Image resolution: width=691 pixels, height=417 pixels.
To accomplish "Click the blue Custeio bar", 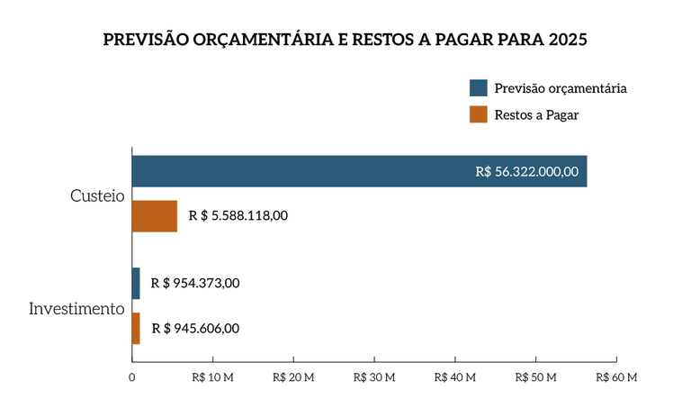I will click(359, 171).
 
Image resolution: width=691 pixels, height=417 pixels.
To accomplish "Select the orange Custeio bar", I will click(155, 216).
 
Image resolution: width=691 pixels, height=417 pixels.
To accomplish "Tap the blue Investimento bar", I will click(136, 283).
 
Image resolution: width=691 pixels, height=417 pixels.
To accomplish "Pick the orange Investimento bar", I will click(136, 329).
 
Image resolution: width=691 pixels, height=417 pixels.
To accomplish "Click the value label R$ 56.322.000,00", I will click(527, 171).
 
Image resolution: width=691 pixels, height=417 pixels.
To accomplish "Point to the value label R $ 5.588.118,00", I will click(238, 216).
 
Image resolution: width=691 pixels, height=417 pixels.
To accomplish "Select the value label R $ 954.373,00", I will click(195, 283).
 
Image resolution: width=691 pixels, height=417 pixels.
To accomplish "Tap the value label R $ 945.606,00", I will click(195, 329).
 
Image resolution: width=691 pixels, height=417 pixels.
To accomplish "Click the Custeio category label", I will click(96, 195).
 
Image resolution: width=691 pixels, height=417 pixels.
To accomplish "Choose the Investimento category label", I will click(76, 309).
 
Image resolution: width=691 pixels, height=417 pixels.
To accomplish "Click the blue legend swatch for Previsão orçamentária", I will click(479, 88).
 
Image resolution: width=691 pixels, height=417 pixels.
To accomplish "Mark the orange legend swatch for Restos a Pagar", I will click(479, 115).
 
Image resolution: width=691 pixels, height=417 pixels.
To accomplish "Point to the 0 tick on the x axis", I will click(132, 378).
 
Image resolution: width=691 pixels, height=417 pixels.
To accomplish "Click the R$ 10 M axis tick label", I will click(212, 378).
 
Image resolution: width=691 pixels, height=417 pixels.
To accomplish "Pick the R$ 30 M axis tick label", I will click(373, 378).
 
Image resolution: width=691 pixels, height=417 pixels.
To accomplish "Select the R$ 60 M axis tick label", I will click(615, 378).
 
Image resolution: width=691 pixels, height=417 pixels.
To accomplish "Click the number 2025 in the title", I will click(567, 41).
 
